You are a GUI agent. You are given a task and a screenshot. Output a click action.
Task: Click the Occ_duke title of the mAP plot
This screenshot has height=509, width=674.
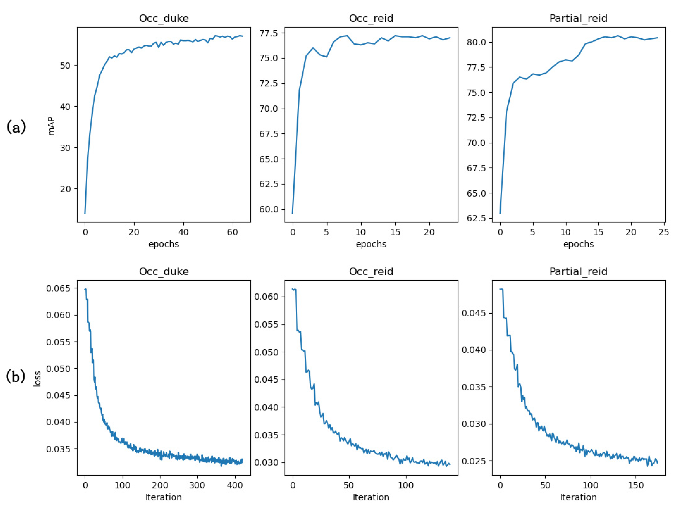(164, 18)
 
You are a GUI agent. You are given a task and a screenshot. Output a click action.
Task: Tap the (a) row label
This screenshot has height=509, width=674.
(16, 127)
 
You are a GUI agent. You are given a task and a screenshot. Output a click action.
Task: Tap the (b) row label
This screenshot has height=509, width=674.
(16, 377)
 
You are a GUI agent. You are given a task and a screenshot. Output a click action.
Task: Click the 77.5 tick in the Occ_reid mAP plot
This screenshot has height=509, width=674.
(269, 33)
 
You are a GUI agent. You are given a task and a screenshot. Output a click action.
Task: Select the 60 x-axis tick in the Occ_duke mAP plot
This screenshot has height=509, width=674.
(232, 232)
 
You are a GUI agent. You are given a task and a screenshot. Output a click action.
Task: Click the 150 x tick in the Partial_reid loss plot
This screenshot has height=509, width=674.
(636, 486)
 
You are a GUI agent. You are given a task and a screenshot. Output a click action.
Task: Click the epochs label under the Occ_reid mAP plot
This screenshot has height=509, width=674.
(371, 244)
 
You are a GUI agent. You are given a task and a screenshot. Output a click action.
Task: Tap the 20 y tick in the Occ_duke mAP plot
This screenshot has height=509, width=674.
(65, 189)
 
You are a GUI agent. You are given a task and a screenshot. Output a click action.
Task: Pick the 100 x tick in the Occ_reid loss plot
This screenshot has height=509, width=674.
(406, 486)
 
